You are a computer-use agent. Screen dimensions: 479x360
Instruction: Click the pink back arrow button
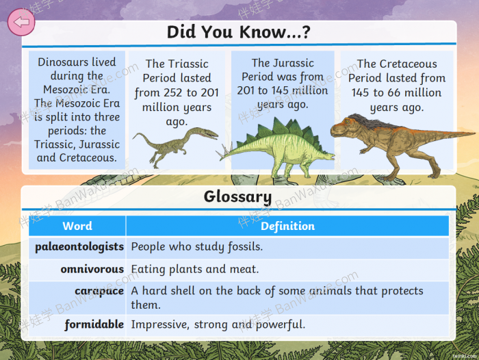point(21,22)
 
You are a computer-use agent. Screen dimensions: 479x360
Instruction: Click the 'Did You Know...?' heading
point(239,31)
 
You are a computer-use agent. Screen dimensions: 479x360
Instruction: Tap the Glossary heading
point(237,197)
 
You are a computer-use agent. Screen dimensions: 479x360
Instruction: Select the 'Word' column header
point(77,226)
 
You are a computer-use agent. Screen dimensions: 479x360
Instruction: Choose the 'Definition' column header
point(287,226)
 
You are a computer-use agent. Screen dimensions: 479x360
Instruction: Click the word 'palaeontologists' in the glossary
point(79,247)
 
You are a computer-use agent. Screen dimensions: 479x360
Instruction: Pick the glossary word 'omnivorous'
point(92,269)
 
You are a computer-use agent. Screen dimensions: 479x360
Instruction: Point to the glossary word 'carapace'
point(99,292)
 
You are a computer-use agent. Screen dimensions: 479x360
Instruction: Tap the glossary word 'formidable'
point(94,324)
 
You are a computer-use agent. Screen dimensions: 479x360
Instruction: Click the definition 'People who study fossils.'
point(197,246)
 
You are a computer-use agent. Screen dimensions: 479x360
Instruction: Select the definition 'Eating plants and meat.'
point(194,269)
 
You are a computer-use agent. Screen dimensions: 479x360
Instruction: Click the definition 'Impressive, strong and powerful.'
point(218,324)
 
